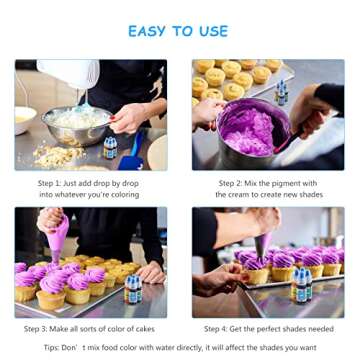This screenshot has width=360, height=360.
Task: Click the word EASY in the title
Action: (150, 31)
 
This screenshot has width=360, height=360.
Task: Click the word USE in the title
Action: (211, 31)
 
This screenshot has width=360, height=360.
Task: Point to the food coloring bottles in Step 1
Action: (110, 148)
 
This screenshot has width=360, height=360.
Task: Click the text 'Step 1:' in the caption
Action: (52, 184)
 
